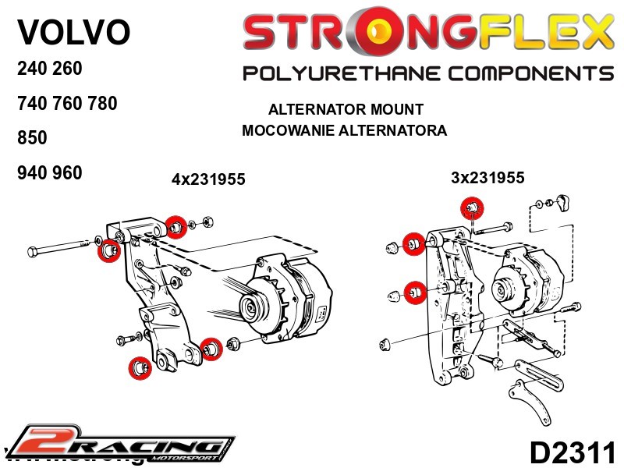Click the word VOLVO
coord(73,32)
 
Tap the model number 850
coord(32,138)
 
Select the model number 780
coord(101,103)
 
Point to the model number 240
coord(32,69)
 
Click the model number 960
coord(66,173)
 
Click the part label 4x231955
coord(208,179)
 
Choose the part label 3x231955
coord(487,178)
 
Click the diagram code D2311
coord(573,452)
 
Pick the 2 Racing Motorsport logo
coord(122,444)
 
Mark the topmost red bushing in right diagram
coord(471,207)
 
